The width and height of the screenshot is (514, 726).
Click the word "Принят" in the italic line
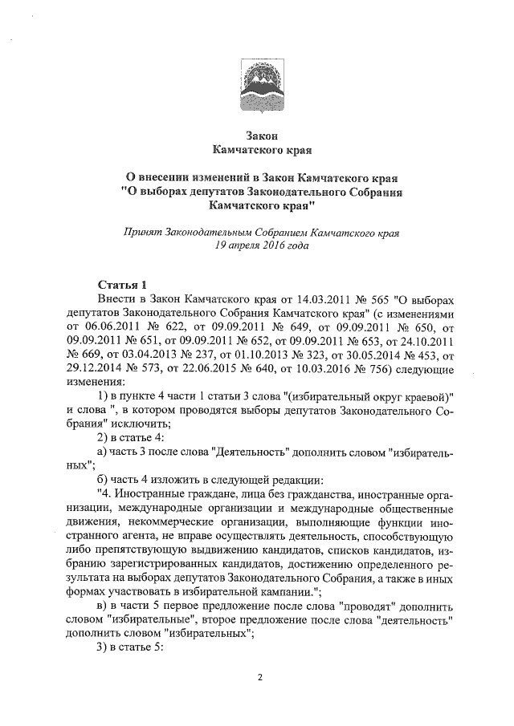click(x=141, y=233)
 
